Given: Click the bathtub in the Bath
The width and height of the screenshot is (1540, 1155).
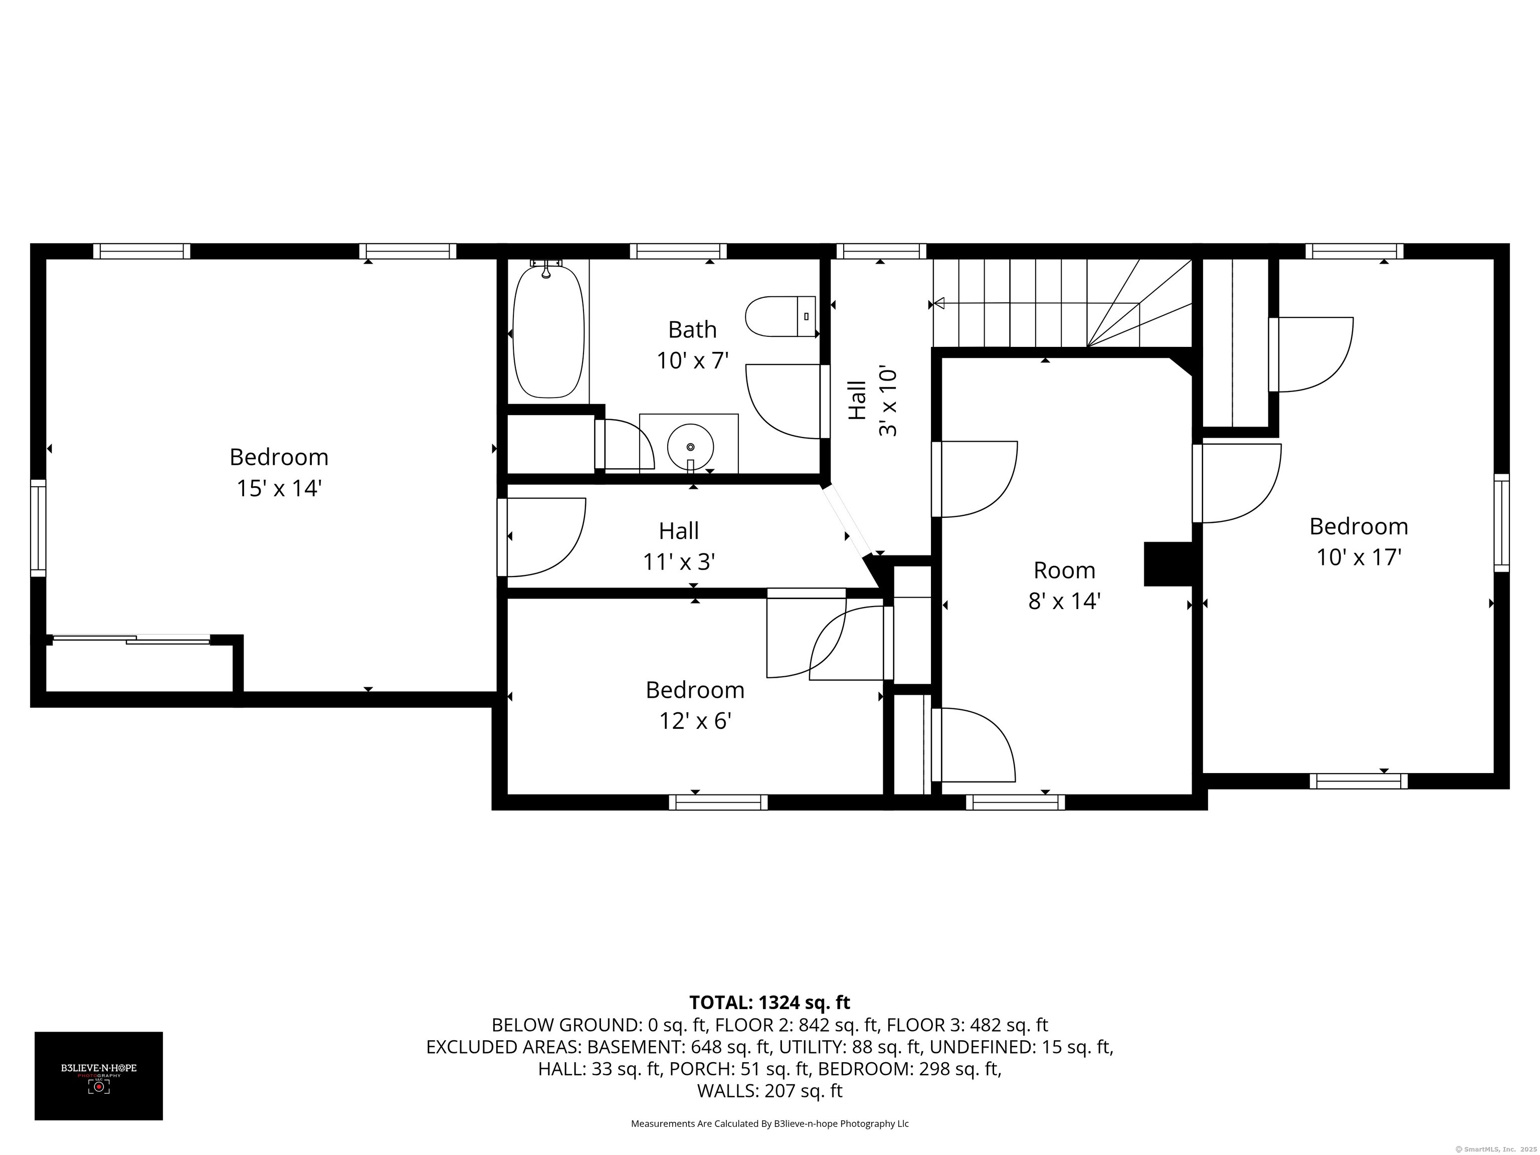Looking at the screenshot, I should tap(548, 332).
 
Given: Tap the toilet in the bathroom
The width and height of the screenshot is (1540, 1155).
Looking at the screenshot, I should tap(780, 316).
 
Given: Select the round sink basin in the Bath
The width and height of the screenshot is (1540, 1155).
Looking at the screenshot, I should tap(690, 446).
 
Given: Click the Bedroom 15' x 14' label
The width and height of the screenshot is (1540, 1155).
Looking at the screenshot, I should tap(279, 472).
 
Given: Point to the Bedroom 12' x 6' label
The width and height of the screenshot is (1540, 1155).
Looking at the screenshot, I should tap(695, 704).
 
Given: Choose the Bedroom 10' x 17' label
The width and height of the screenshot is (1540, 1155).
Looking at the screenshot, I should tap(1359, 541).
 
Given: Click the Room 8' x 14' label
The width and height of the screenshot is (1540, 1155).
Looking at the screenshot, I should tap(1064, 585).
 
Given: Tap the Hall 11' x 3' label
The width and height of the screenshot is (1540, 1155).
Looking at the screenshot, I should tap(679, 546).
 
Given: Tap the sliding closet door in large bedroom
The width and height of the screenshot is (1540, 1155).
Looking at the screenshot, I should tap(131, 639).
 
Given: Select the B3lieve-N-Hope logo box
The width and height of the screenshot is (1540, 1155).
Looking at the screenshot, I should tap(98, 1076).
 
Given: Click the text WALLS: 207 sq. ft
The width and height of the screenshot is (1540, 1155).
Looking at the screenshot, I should tap(769, 1090).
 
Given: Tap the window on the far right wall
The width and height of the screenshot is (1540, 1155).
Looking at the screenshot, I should tap(1502, 523).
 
